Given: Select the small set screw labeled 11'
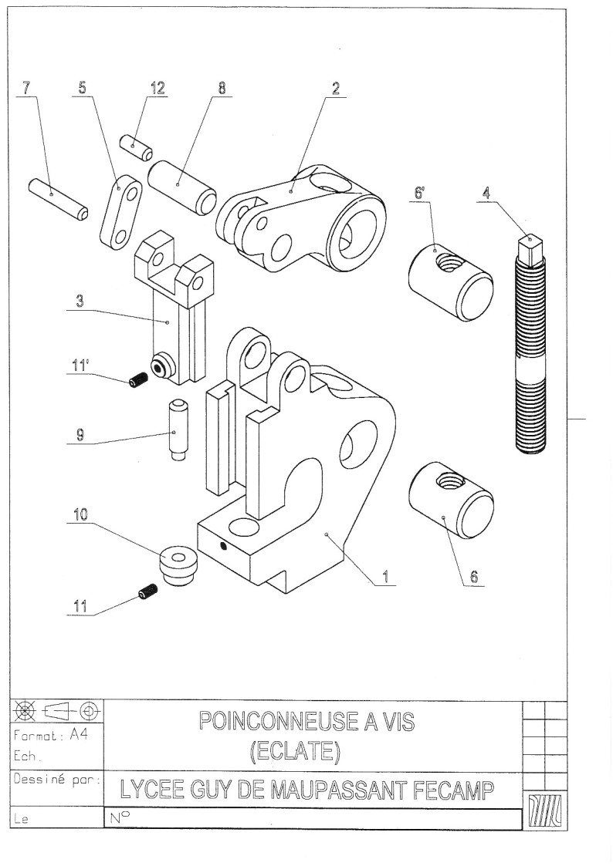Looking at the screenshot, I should (138, 379).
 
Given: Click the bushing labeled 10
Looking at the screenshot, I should (179, 567).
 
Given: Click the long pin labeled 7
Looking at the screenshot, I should (58, 198).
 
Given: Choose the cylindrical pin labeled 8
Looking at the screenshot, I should (182, 187).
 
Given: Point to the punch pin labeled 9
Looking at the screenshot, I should (177, 430).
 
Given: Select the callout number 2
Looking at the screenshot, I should (336, 87).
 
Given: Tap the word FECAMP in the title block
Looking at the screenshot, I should (456, 791).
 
